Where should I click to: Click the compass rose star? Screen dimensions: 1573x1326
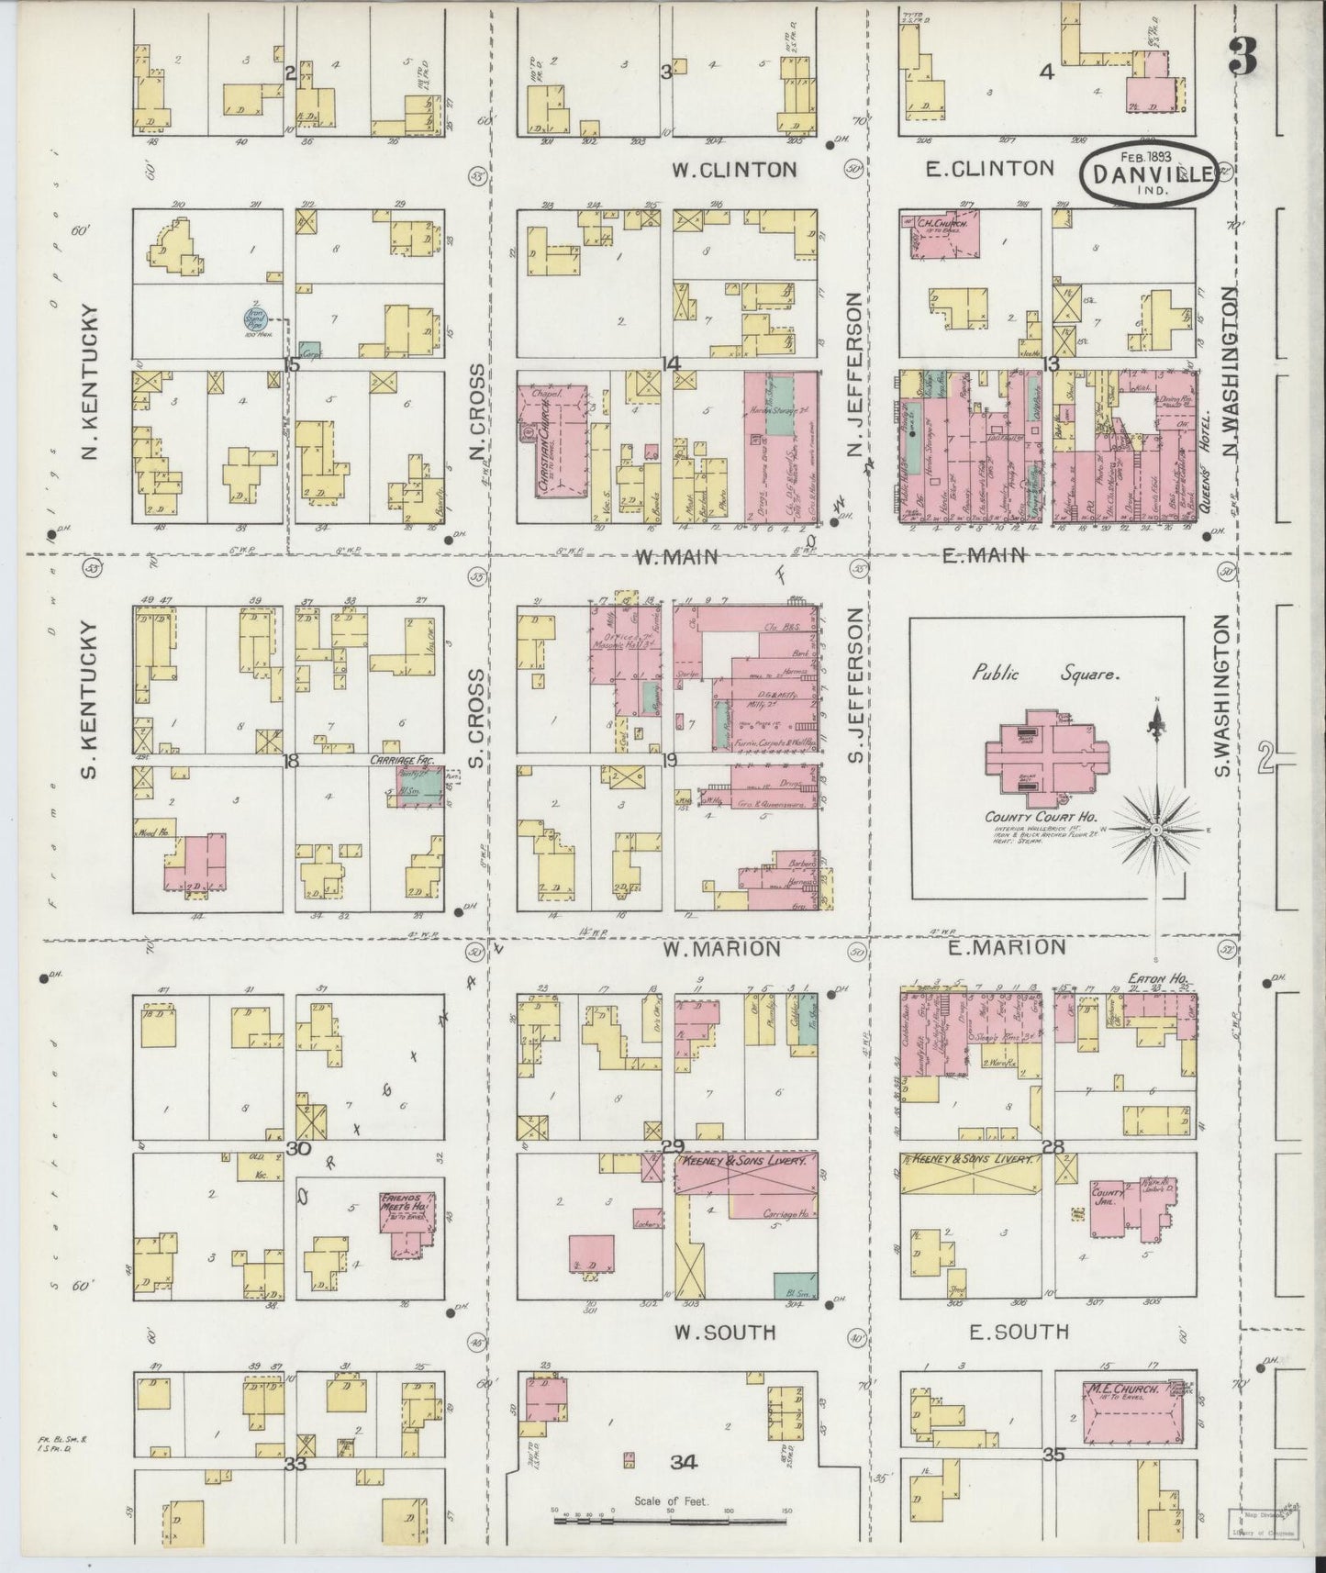[1157, 829]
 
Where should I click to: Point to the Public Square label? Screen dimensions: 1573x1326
[1045, 674]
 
